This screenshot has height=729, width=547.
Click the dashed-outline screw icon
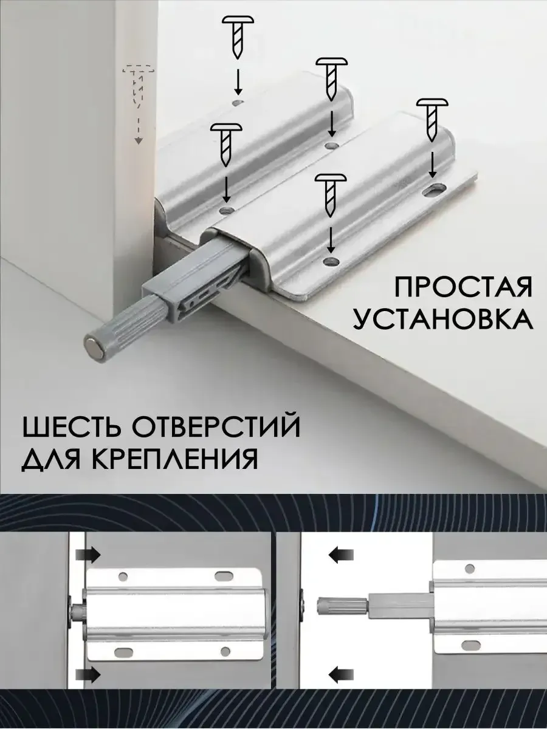point(138,87)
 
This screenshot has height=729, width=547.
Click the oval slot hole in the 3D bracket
point(434,190)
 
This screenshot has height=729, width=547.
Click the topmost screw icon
point(238,38)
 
